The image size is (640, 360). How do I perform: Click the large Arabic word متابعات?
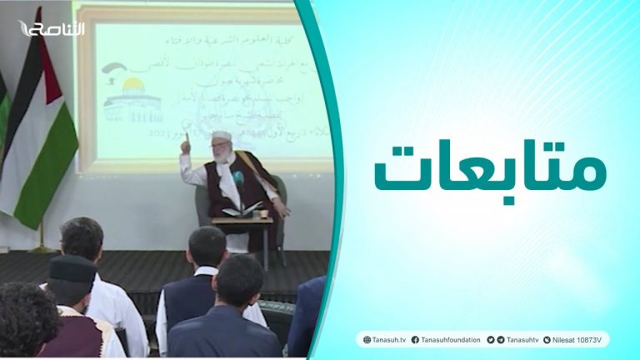(489, 169)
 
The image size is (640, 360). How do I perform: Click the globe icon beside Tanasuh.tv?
(365, 340)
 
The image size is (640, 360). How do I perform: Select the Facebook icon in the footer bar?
(414, 340)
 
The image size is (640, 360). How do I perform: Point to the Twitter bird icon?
(490, 340)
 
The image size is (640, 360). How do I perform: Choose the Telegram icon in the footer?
(500, 340)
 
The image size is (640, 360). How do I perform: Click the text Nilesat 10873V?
(578, 340)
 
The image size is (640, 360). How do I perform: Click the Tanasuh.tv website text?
(387, 340)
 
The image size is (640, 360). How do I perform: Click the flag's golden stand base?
(42, 247)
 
